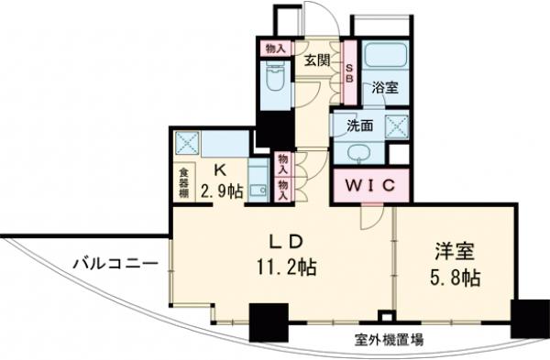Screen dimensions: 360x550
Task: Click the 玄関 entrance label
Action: [x=317, y=60]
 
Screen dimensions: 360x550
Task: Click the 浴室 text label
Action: [x=385, y=89]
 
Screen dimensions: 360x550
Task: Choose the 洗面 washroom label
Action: [x=360, y=125]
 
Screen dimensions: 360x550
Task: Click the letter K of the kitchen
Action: [x=221, y=170]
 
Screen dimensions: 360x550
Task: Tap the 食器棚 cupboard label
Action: [x=183, y=181]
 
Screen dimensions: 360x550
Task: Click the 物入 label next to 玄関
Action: [x=272, y=48]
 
